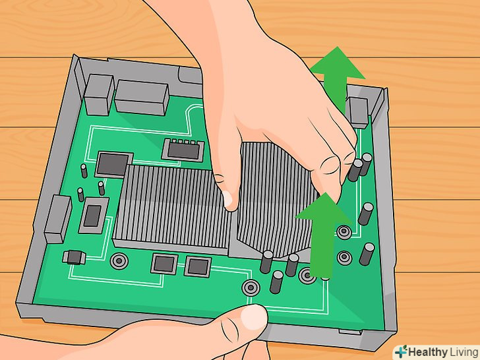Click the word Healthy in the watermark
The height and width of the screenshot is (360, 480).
pyautogui.click(x=428, y=352)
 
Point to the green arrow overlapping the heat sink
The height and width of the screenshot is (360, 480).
pyautogui.click(x=322, y=235)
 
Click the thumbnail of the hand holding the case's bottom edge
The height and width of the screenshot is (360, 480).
pyautogui.click(x=254, y=317)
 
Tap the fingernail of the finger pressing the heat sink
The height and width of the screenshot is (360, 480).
pyautogui.click(x=227, y=198)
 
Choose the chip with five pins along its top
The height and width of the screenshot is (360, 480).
pyautogui.click(x=183, y=150)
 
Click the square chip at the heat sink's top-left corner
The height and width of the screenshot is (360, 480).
pyautogui.click(x=113, y=164)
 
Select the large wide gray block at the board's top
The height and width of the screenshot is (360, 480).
pyautogui.click(x=142, y=98)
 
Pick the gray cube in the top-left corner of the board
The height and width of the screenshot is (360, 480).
pyautogui.click(x=99, y=95)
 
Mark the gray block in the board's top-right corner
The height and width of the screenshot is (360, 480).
pyautogui.click(x=358, y=113)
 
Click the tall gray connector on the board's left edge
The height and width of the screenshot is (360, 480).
pyautogui.click(x=58, y=219)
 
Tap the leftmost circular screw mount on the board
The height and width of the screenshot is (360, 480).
pyautogui.click(x=119, y=261)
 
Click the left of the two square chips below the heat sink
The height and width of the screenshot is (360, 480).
pyautogui.click(x=164, y=264)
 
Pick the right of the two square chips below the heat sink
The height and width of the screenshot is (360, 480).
pyautogui.click(x=198, y=266)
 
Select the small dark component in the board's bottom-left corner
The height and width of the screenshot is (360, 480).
pyautogui.click(x=74, y=257)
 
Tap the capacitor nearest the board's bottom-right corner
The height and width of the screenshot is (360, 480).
pyautogui.click(x=367, y=254)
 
